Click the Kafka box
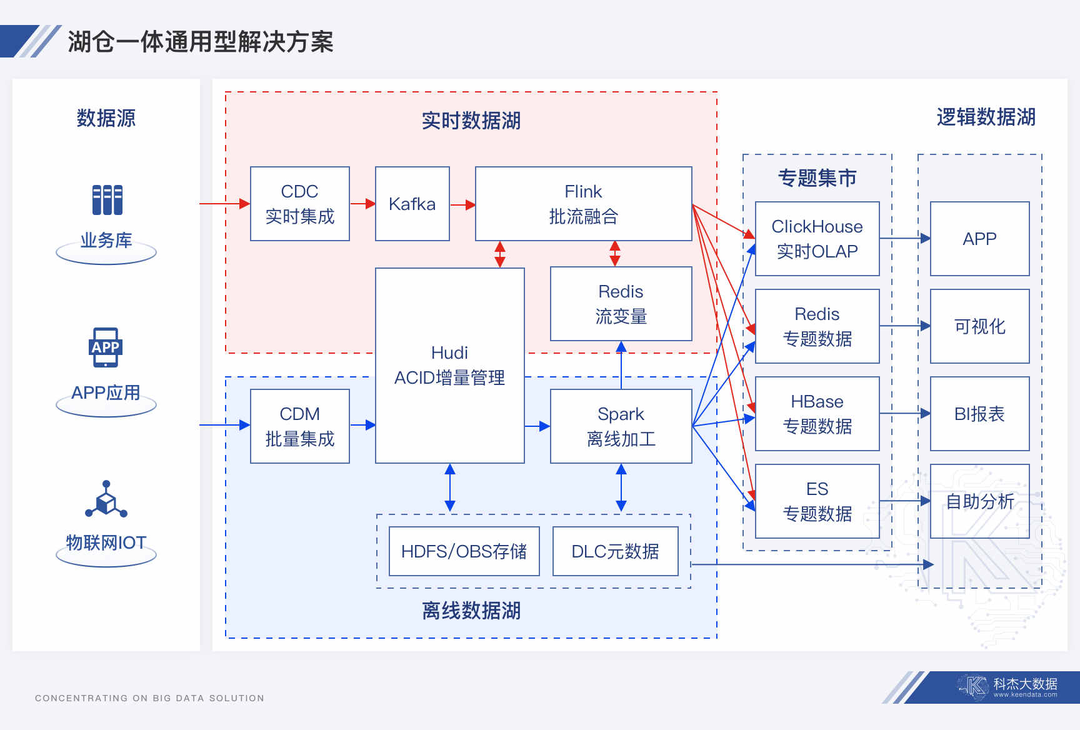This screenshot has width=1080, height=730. (x=412, y=204)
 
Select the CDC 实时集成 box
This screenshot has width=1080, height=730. (x=299, y=204)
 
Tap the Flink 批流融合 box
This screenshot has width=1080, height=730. (x=583, y=204)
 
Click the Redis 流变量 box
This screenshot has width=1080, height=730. (x=621, y=304)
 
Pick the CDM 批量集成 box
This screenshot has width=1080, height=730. (x=299, y=426)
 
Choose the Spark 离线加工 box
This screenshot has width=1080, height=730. (x=621, y=426)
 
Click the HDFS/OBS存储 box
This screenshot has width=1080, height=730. (x=464, y=551)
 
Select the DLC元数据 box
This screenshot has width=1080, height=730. (x=615, y=551)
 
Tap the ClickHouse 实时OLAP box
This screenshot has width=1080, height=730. (x=817, y=239)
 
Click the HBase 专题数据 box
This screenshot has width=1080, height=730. (x=817, y=414)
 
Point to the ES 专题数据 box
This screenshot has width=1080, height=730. (x=817, y=501)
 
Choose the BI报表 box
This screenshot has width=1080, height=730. (x=979, y=414)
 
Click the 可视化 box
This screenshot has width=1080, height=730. (x=979, y=326)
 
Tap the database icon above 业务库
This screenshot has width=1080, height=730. (x=107, y=200)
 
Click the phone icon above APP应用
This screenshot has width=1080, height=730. (x=105, y=347)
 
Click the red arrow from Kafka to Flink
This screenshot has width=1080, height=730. (x=462, y=204)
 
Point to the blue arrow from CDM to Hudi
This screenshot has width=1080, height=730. (x=362, y=425)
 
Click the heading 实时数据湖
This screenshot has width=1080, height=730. (x=471, y=121)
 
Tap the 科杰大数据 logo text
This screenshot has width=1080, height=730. (x=1025, y=684)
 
